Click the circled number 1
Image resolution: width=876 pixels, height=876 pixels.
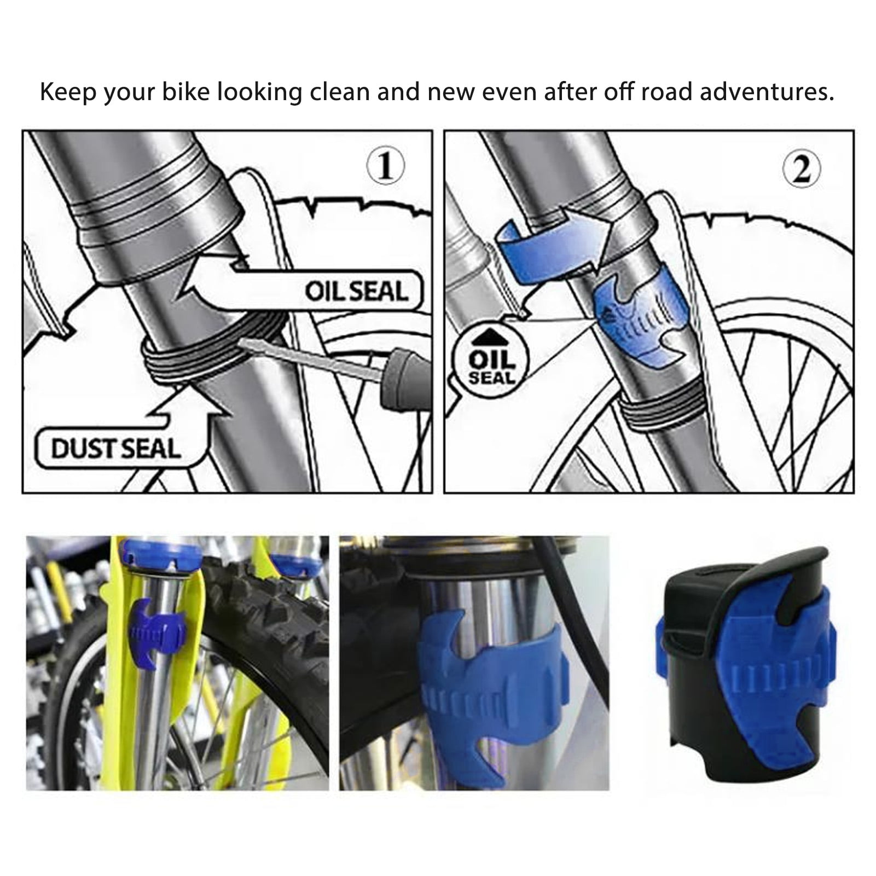pos(386,166)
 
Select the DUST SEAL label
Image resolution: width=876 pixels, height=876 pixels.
pos(116,449)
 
